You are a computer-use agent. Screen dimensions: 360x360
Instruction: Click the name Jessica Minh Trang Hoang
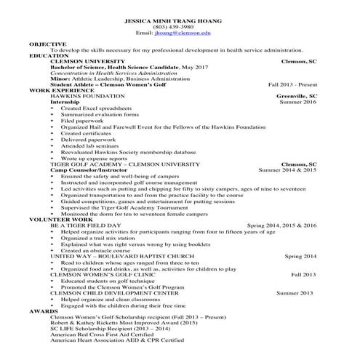(x=179, y=21)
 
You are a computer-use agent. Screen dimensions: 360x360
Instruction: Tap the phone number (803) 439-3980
(x=179, y=28)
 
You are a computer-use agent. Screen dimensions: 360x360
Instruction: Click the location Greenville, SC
(x=297, y=96)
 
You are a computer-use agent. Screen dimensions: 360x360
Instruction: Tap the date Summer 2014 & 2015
(x=287, y=169)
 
